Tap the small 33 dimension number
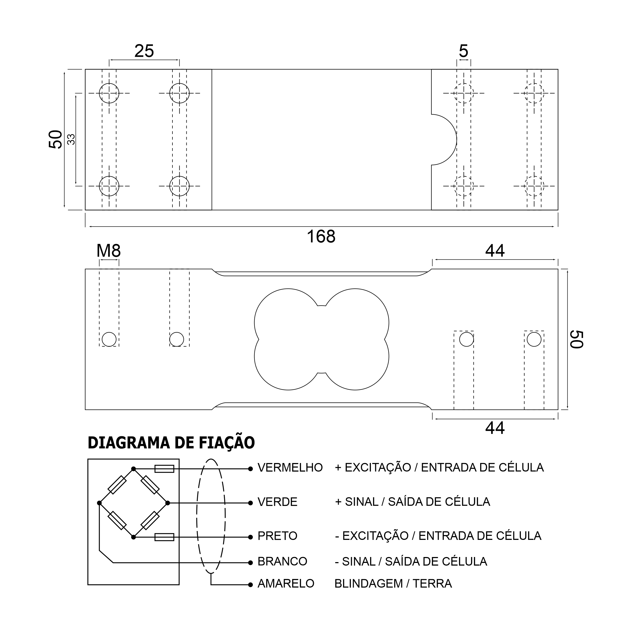coord(71,139)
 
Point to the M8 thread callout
coord(109,251)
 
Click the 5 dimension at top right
coord(464,51)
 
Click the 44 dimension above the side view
coord(495,251)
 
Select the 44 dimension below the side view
coord(495,428)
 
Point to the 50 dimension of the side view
coord(577,340)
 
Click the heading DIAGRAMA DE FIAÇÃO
coord(171,443)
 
